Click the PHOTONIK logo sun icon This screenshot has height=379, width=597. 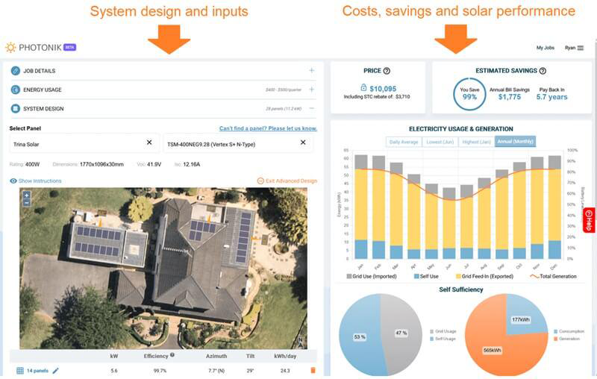10,47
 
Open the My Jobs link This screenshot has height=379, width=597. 545,48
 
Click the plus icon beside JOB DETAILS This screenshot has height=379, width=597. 311,71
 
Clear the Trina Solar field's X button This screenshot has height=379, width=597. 149,142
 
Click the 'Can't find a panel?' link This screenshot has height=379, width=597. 268,128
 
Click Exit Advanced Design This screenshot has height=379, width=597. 287,181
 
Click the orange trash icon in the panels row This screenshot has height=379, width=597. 313,370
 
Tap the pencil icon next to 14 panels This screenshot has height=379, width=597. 55,370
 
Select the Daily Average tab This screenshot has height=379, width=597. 403,142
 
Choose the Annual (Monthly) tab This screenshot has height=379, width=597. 515,142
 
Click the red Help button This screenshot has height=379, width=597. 589,220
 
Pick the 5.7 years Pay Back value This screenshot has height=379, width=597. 552,97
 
